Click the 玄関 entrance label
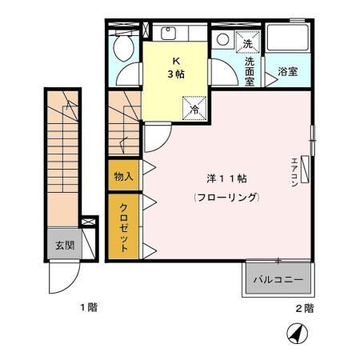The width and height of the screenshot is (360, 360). coord(65,246)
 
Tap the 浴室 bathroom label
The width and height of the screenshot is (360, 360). coord(287,72)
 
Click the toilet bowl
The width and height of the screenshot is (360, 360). coord(124,50)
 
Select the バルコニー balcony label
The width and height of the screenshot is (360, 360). coord(278,281)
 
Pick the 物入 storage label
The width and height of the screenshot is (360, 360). coord(123,176)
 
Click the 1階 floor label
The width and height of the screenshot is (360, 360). coord(87,308)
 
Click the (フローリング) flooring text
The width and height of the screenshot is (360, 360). coord(226,196)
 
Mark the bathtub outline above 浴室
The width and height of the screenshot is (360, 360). coord(288,45)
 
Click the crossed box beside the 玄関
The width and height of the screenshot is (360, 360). coord(89,226)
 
